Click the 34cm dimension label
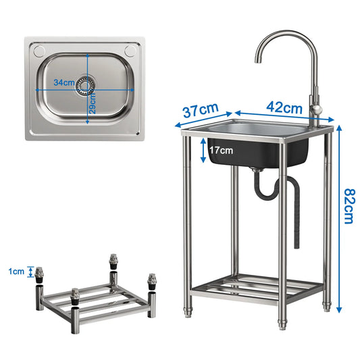(x=64, y=82)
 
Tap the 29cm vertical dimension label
(x=93, y=103)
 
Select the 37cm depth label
(x=201, y=110)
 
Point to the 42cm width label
(x=284, y=107)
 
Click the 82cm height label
(x=350, y=206)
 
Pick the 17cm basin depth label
(x=221, y=151)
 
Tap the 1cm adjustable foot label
(x=16, y=272)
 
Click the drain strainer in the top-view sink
(x=85, y=86)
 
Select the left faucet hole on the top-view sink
(x=38, y=51)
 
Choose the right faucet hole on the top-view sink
(x=130, y=51)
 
